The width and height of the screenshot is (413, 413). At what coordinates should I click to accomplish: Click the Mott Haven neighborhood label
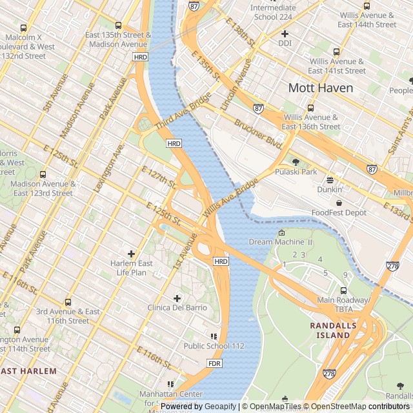click(x=321, y=88)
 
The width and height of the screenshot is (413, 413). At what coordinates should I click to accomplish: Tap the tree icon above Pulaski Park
click(x=296, y=162)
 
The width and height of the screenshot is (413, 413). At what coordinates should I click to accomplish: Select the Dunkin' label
click(x=330, y=190)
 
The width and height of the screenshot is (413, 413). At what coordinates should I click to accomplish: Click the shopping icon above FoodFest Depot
click(x=339, y=203)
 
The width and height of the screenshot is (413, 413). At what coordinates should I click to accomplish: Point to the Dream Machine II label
click(x=281, y=242)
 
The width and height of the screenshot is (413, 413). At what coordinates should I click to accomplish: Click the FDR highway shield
click(x=215, y=363)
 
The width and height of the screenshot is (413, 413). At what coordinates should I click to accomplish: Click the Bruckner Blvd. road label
click(x=258, y=134)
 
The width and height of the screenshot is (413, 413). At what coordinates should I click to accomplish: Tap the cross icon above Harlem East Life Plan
click(x=132, y=254)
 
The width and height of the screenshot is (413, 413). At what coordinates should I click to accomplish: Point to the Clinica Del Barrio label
click(x=177, y=308)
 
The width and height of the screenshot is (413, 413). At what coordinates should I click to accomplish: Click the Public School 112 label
click(x=214, y=346)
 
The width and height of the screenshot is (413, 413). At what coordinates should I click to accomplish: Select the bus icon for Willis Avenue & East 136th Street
click(x=310, y=108)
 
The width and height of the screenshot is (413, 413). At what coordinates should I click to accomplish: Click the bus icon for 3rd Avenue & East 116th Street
click(x=68, y=302)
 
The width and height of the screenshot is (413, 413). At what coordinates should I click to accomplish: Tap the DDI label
click(x=285, y=43)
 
